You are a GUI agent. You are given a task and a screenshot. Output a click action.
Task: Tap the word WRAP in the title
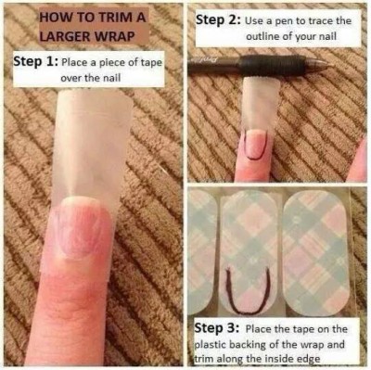(x=117, y=36)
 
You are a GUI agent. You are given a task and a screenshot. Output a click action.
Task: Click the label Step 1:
(x=36, y=62)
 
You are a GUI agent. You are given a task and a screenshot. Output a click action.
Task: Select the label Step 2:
(x=219, y=21)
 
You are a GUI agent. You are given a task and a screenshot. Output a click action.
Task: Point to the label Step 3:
(x=217, y=328)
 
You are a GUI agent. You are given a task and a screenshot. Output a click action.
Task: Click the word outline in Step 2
(x=262, y=36)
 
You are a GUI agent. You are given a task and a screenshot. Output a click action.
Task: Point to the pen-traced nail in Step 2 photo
(x=255, y=145)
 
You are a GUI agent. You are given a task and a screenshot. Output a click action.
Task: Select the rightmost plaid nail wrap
(x=316, y=253)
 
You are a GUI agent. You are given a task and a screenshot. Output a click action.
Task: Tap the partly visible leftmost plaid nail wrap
(x=202, y=251)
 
